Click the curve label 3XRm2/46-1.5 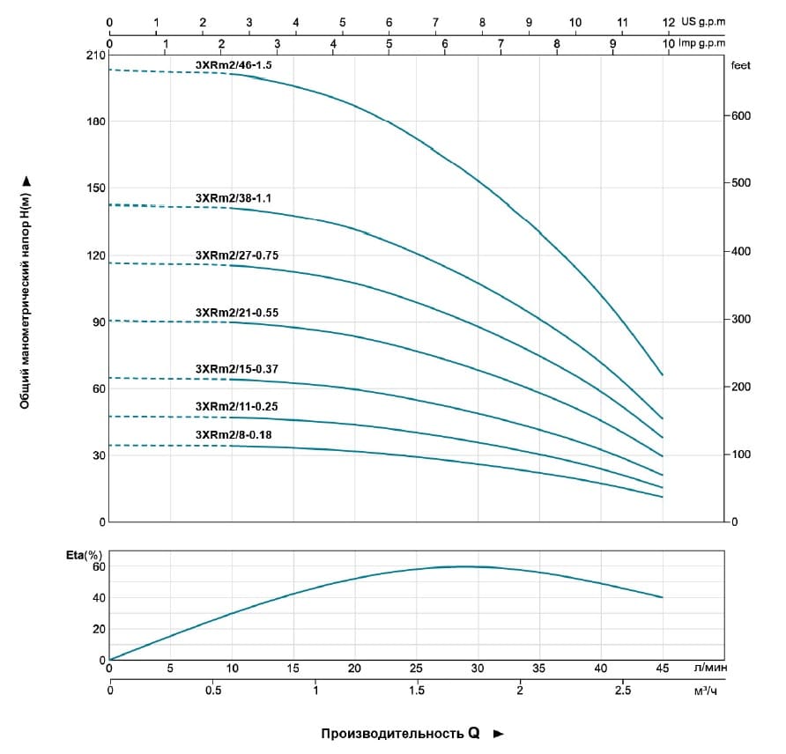tap(233, 65)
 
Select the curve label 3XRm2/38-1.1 tap(233, 198)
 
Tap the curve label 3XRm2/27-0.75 tap(236, 255)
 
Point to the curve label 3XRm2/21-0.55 tap(236, 313)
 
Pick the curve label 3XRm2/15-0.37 tap(236, 369)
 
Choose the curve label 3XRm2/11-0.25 tap(236, 406)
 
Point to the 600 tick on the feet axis tap(738, 115)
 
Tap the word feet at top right tap(739, 65)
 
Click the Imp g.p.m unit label tap(703, 42)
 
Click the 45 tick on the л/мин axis tap(662, 669)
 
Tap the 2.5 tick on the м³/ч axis tap(622, 691)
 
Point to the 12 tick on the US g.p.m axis tap(669, 22)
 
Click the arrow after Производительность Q tap(499, 733)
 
